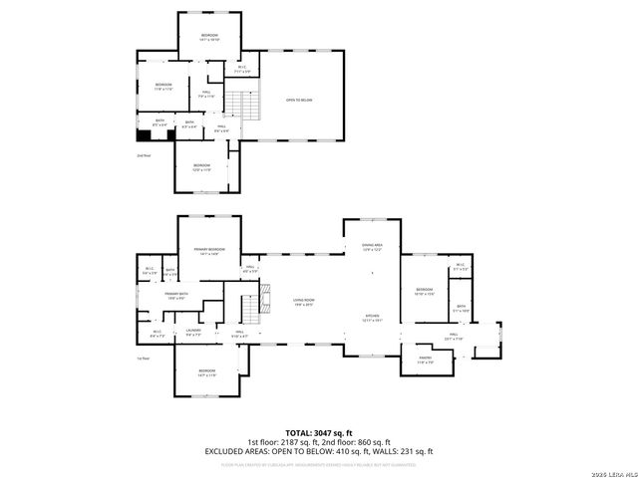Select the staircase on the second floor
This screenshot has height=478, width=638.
[243, 103]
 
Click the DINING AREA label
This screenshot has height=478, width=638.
[373, 246]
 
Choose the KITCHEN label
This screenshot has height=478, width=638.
[373, 319]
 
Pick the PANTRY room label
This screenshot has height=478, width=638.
[425, 361]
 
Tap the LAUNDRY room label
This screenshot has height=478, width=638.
[193, 333]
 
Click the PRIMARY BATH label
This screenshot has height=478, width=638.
[177, 296]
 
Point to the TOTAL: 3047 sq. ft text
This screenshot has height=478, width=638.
[318, 433]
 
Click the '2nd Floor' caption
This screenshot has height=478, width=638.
[144, 155]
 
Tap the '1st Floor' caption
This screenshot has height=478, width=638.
[144, 359]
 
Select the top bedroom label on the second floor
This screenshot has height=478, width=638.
[209, 38]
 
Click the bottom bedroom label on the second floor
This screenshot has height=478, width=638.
[202, 166]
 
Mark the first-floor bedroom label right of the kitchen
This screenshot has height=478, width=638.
[425, 293]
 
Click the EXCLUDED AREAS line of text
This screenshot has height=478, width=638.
[318, 450]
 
